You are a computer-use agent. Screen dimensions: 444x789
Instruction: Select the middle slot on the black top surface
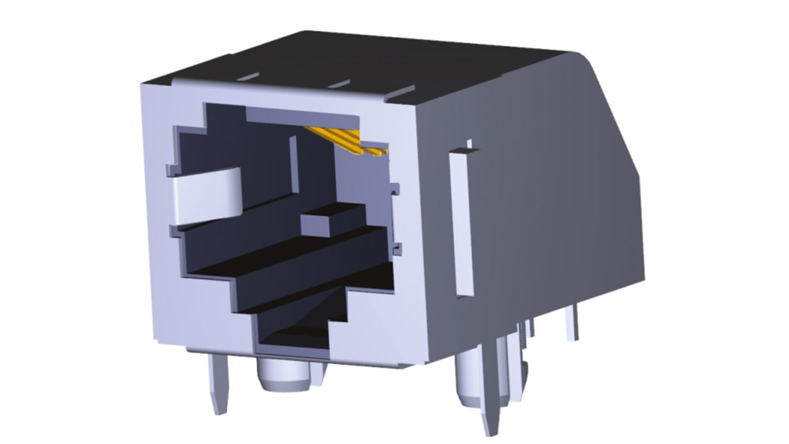point(339,83)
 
